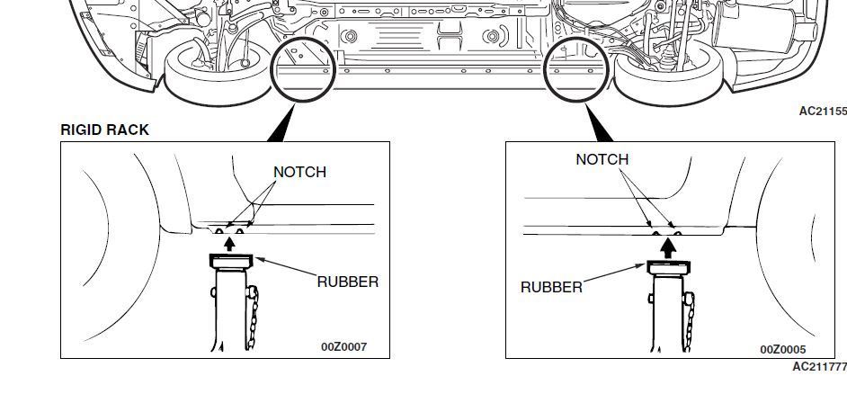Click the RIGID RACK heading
104,130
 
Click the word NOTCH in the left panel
299,172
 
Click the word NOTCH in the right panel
602,159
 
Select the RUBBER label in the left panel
347,282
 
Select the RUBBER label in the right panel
551,287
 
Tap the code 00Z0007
343,346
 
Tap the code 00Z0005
782,349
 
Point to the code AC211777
818,367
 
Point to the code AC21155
822,112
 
